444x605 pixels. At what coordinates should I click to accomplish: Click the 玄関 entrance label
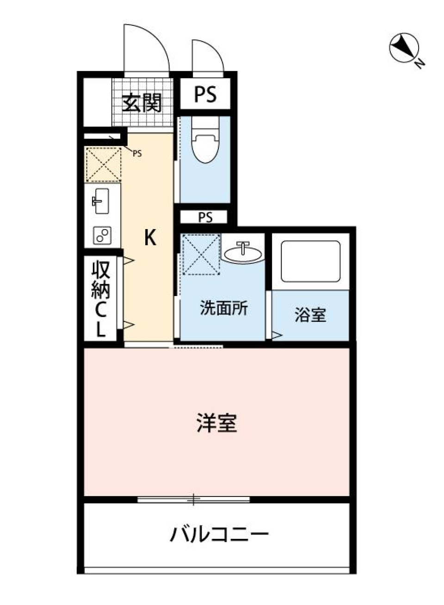coord(142,103)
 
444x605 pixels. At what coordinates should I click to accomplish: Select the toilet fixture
coord(205,145)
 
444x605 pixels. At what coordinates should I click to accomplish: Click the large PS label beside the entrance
coord(205,95)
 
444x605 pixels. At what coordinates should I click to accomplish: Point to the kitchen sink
coord(100,201)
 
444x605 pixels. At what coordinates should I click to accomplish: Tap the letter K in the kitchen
coord(150,238)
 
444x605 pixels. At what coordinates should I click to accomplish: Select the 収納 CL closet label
coord(101,298)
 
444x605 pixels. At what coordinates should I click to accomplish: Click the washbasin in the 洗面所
coord(242,252)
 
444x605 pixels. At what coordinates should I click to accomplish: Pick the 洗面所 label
coord(223,309)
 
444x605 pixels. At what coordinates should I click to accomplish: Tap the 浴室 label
coord(310,315)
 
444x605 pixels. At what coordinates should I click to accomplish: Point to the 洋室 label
coord(216,423)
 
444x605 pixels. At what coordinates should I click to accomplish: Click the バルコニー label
coord(219,535)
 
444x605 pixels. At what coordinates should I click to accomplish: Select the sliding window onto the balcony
coord(194,499)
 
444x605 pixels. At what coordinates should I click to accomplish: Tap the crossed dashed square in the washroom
coord(200,254)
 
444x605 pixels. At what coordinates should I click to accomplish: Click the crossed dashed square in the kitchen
coord(103,164)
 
